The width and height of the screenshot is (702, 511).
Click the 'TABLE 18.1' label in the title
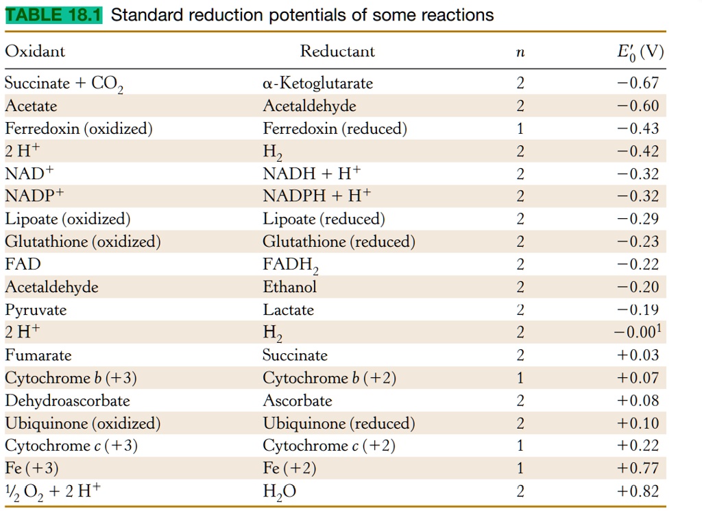pyautogui.click(x=53, y=15)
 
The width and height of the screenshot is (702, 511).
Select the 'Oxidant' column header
pyautogui.click(x=35, y=51)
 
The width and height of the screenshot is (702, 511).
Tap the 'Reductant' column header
pyautogui.click(x=337, y=51)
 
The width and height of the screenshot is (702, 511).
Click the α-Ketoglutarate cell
pyautogui.click(x=318, y=84)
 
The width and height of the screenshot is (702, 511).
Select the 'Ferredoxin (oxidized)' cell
pyautogui.click(x=79, y=129)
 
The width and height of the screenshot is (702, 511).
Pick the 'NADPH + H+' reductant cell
pyautogui.click(x=317, y=196)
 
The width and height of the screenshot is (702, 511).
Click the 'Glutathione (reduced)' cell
pyautogui.click(x=339, y=241)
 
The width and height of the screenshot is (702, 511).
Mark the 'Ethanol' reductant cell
pyautogui.click(x=289, y=287)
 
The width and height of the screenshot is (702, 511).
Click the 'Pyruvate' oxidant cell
pyautogui.click(x=36, y=310)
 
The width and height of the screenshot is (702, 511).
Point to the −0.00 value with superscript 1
pyautogui.click(x=638, y=333)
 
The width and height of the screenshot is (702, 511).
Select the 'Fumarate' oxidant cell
pyautogui.click(x=38, y=355)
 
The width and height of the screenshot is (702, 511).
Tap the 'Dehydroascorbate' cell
pyautogui.click(x=67, y=401)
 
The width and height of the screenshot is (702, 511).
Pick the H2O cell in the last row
pyautogui.click(x=280, y=492)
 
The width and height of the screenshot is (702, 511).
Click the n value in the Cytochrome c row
pyautogui.click(x=520, y=446)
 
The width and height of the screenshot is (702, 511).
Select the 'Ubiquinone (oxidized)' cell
pyautogui.click(x=83, y=423)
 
